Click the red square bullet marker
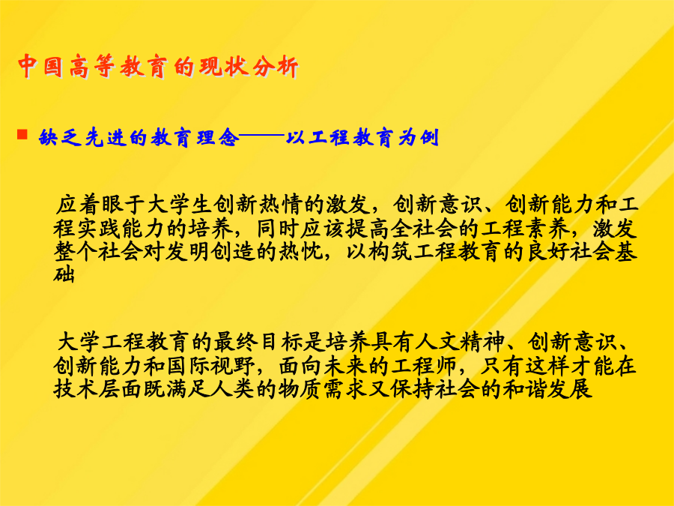(x=22, y=134)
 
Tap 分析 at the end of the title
(x=276, y=67)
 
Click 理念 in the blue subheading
(x=218, y=138)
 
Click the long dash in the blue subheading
(x=262, y=136)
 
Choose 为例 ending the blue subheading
(x=418, y=138)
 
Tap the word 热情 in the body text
(x=280, y=205)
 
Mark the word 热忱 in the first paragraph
(x=303, y=252)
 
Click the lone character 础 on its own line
(x=64, y=274)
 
